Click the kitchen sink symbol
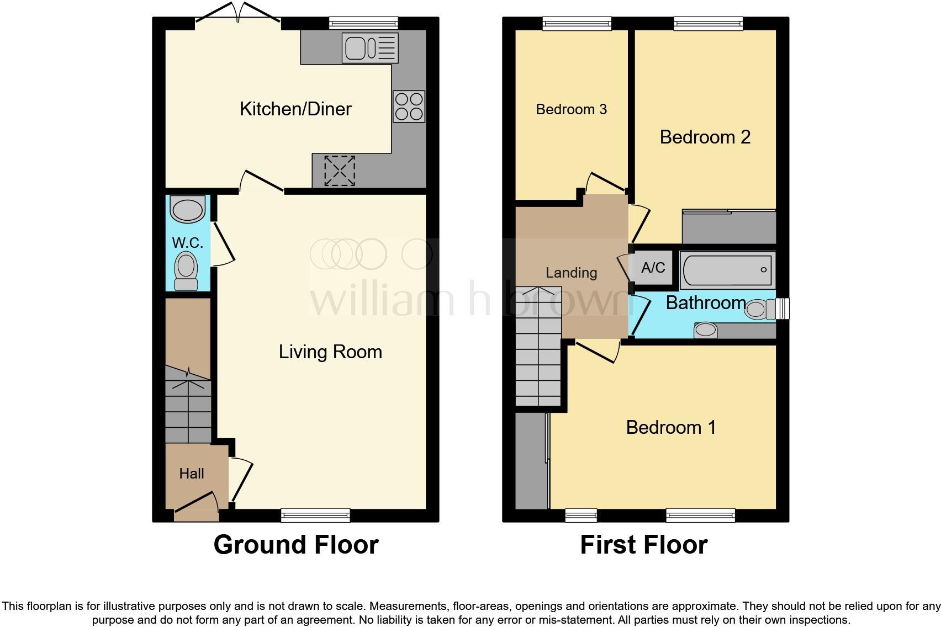[369, 48]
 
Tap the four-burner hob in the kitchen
[409, 107]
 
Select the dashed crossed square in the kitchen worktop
[339, 171]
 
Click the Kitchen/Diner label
[295, 109]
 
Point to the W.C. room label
[188, 243]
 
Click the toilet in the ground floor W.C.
[186, 271]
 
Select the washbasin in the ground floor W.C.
[188, 209]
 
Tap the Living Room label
[330, 352]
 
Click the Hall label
[192, 474]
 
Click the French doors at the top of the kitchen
[238, 14]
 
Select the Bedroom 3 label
[571, 109]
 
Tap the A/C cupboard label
[653, 268]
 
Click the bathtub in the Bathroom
[727, 270]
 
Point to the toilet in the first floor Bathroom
[759, 309]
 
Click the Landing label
[571, 273]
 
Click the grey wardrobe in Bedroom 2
[729, 227]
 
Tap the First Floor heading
[643, 545]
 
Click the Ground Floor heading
[295, 545]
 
